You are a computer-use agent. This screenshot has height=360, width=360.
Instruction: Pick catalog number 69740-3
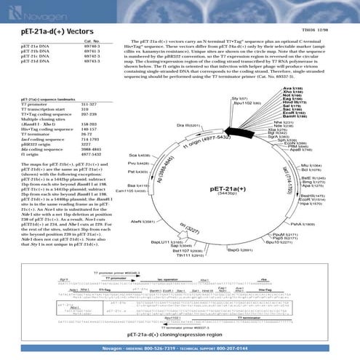84,47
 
